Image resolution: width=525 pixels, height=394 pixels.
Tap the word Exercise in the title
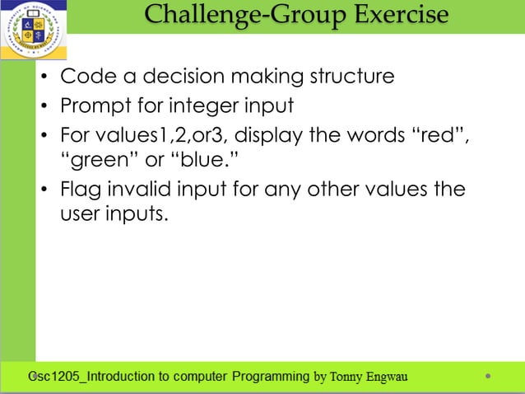402,15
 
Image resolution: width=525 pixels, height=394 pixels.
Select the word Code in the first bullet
86,77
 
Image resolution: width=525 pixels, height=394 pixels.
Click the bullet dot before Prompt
45,107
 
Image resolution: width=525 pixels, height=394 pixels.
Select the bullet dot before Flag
45,190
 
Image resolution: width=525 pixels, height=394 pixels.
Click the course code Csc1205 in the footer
51,378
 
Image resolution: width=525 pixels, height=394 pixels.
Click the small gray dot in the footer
488,377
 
